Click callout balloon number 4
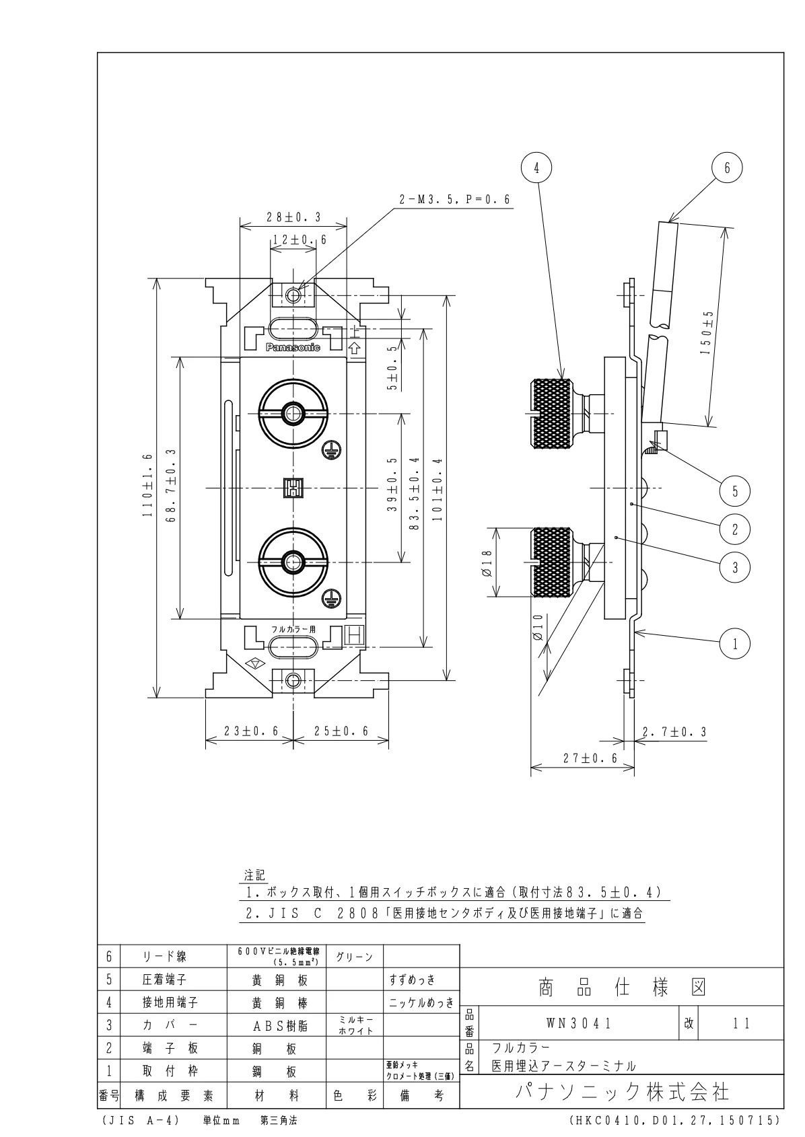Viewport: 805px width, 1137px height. [536, 169]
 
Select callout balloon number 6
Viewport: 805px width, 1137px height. [727, 168]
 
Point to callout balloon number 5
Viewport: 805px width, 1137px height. [735, 490]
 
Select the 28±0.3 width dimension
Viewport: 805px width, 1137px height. [293, 217]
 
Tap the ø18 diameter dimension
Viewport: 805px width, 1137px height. [487, 562]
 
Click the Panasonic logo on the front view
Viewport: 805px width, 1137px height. [293, 348]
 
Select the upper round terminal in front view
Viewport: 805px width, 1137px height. [293, 412]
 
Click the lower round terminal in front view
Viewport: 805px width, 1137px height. [293, 560]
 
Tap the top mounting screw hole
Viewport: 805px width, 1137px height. [293, 295]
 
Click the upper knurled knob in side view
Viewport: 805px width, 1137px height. [553, 412]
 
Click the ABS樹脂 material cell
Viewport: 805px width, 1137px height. [277, 1026]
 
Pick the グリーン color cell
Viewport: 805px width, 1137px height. [354, 957]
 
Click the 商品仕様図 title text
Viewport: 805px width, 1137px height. [622, 987]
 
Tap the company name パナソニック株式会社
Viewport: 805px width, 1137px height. [622, 1091]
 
